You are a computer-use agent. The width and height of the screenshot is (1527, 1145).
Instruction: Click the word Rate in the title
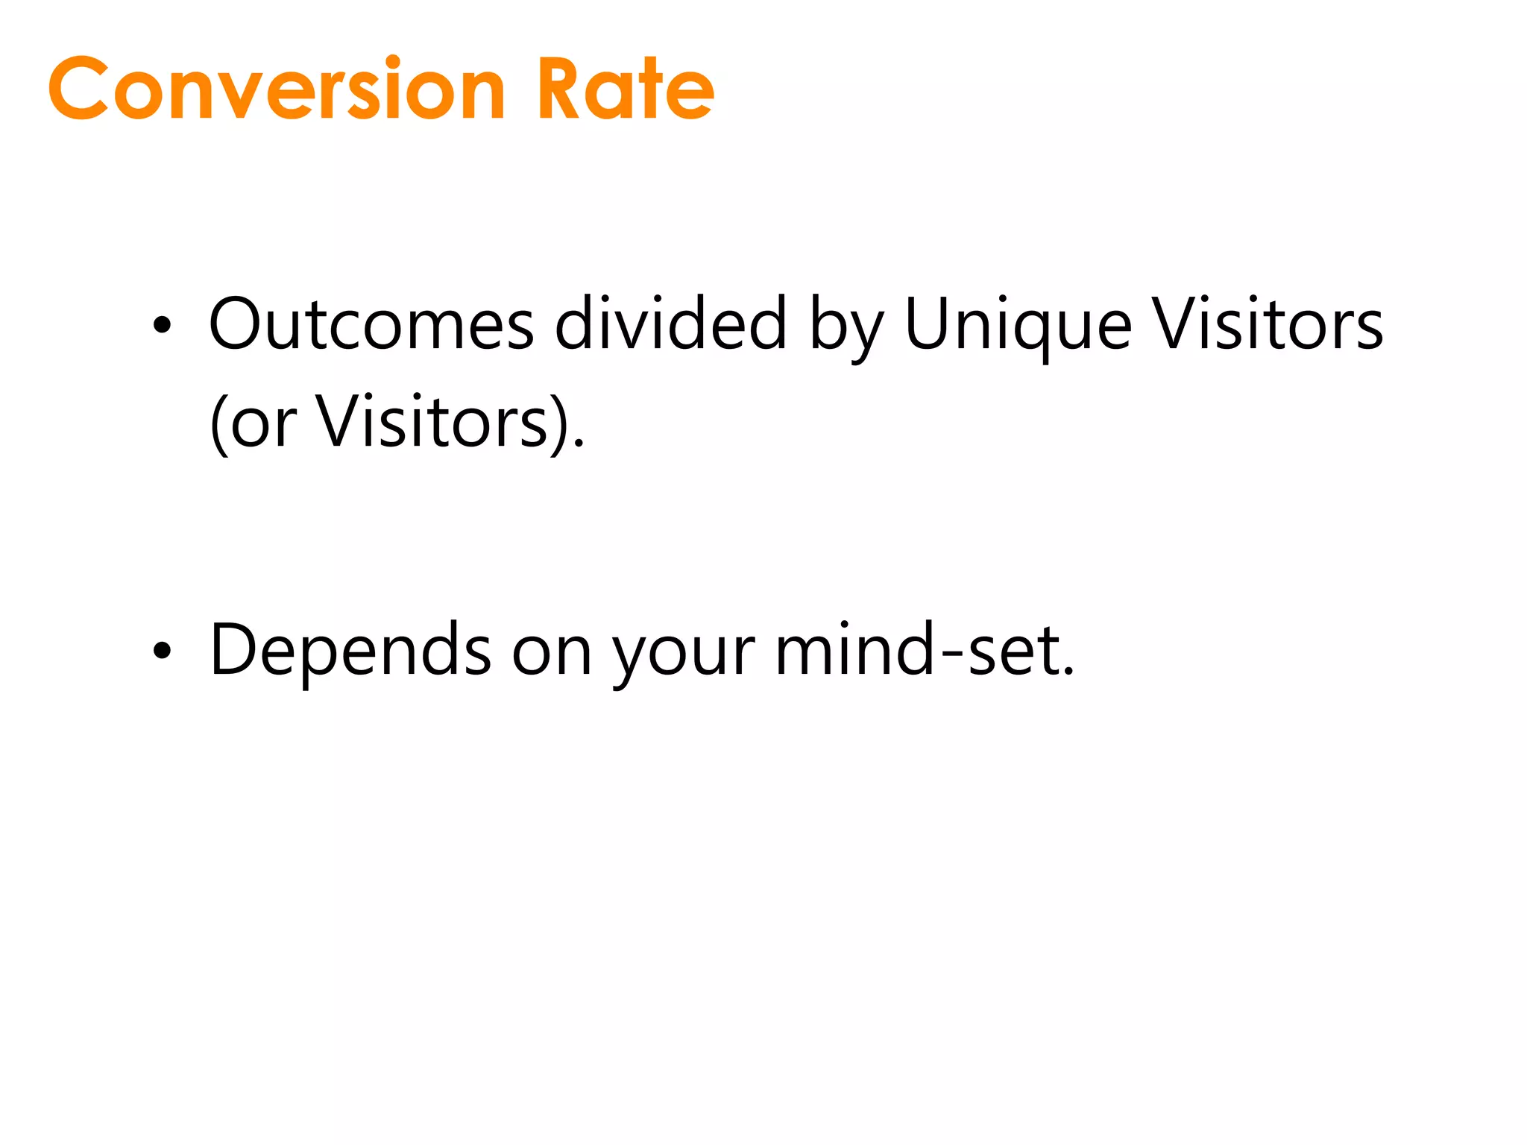625,89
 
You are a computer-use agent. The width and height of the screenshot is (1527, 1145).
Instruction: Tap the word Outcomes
371,325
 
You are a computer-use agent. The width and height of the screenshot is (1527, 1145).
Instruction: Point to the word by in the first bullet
847,328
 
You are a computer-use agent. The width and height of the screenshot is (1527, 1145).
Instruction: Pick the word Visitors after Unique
1268,325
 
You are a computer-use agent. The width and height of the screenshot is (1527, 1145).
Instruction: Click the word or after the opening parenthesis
263,425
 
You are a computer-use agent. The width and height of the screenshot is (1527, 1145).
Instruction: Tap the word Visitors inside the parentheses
432,422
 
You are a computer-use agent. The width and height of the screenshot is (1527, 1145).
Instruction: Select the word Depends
350,650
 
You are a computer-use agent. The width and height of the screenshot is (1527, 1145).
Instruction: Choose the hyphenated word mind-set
925,650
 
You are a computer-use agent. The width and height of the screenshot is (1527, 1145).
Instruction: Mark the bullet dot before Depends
162,651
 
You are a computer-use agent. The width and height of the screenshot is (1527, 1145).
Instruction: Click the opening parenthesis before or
218,423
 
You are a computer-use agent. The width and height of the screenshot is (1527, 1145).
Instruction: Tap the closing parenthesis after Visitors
560,423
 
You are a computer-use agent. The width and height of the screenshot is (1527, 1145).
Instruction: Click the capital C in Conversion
79,89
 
